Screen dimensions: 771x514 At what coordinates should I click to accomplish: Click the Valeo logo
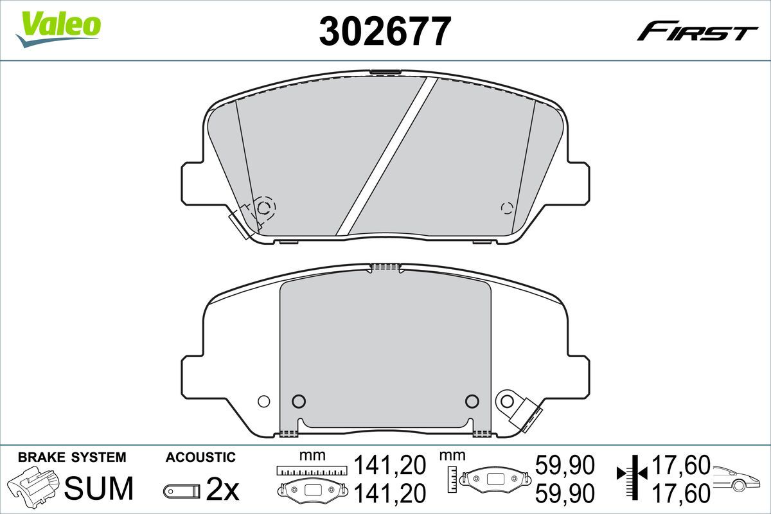point(58,29)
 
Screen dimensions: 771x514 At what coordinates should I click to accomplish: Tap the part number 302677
point(385,31)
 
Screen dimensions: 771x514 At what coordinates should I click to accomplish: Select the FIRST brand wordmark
point(697,35)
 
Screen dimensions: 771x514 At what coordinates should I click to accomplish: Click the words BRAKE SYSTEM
point(72,457)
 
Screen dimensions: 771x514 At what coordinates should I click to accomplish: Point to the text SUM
point(99,488)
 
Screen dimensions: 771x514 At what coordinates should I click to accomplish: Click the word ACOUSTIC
point(200,457)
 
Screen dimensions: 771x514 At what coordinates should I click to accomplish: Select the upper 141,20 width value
point(390,465)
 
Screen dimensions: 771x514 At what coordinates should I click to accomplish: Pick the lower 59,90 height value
point(565,493)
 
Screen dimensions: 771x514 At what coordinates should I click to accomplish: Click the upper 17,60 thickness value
point(681,465)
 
